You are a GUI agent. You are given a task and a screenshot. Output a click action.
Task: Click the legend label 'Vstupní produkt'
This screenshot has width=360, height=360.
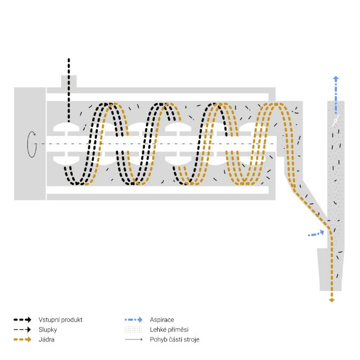click(61, 320)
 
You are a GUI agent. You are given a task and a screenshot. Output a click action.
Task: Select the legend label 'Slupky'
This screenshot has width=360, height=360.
click(48, 330)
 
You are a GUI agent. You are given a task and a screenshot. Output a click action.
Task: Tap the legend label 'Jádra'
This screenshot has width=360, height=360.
click(46, 339)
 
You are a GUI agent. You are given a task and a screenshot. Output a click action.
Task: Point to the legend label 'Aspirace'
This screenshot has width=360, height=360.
click(162, 320)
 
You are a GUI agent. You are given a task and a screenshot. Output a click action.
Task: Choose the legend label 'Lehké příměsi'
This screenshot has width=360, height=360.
click(169, 330)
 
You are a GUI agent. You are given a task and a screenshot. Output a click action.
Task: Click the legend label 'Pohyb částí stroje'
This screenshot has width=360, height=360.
click(174, 339)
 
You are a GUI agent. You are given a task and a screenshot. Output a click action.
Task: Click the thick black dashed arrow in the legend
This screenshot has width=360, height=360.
click(22, 319)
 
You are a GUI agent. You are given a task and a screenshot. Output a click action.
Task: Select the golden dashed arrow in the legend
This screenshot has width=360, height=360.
click(22, 339)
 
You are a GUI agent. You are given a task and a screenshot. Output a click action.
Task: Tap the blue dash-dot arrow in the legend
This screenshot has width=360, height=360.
click(134, 319)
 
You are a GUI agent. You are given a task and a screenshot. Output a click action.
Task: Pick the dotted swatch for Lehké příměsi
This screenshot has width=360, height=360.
click(133, 330)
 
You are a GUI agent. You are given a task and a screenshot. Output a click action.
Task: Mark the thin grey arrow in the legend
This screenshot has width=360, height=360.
click(134, 339)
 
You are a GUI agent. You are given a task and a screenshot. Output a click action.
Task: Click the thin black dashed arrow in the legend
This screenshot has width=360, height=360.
click(22, 329)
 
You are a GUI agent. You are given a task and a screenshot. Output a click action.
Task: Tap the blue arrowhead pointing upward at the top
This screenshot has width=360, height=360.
click(336, 79)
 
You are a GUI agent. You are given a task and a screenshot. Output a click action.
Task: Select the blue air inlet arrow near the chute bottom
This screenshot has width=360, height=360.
click(316, 233)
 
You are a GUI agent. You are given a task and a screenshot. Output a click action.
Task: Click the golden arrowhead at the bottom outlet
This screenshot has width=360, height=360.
click(332, 300)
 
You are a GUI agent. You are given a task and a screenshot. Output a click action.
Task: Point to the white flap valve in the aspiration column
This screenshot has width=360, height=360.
click(336, 120)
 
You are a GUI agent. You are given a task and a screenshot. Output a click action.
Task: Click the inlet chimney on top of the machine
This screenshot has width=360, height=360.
click(69, 82)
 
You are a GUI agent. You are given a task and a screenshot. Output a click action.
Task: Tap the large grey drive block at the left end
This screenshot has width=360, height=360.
click(30, 144)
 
